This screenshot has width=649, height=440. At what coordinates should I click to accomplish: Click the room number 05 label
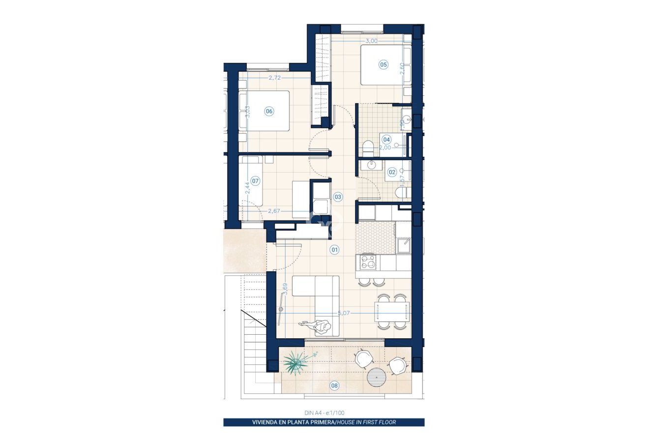tap(383, 64)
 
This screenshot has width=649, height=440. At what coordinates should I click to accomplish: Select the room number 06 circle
tap(269, 111)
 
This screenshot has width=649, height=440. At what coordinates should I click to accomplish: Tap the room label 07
tap(255, 181)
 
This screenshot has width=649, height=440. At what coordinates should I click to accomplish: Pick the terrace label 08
tap(334, 386)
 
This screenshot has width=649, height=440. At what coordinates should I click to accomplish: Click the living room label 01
tap(335, 250)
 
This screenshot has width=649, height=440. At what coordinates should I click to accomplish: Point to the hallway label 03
tap(338, 197)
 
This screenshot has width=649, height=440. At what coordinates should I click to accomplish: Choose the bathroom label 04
tap(386, 139)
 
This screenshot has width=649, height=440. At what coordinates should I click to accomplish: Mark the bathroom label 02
tap(392, 172)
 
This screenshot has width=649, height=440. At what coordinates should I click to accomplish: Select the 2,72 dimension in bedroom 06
tap(275, 78)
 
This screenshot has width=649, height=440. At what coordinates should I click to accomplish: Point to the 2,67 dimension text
tap(274, 211)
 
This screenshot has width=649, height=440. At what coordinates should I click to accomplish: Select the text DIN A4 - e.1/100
tap(324, 413)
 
